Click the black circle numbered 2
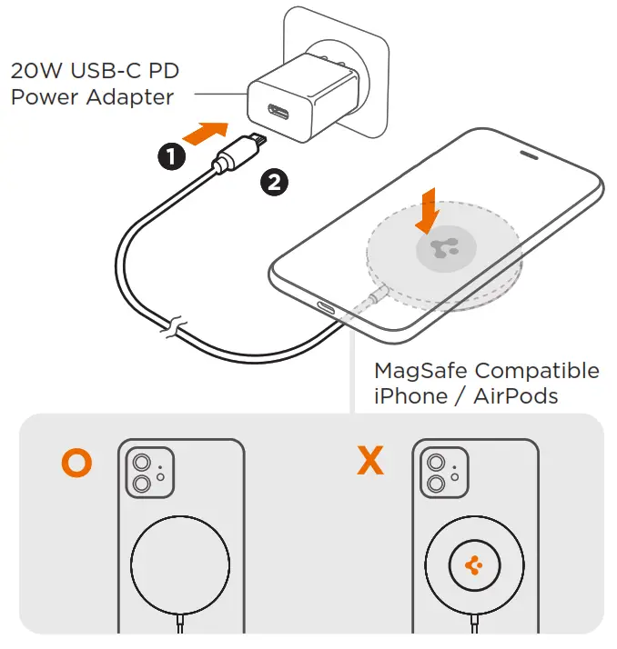pyautogui.click(x=274, y=182)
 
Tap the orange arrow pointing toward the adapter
pyautogui.click(x=206, y=133)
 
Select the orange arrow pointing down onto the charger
pyautogui.click(x=426, y=210)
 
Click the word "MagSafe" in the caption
pyautogui.click(x=421, y=371)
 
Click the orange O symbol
pyautogui.click(x=76, y=462)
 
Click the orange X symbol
pyautogui.click(x=370, y=462)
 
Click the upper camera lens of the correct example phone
pyautogui.click(x=141, y=464)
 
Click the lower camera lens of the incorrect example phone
pyautogui.click(x=436, y=485)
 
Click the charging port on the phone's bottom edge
pyautogui.click(x=326, y=307)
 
